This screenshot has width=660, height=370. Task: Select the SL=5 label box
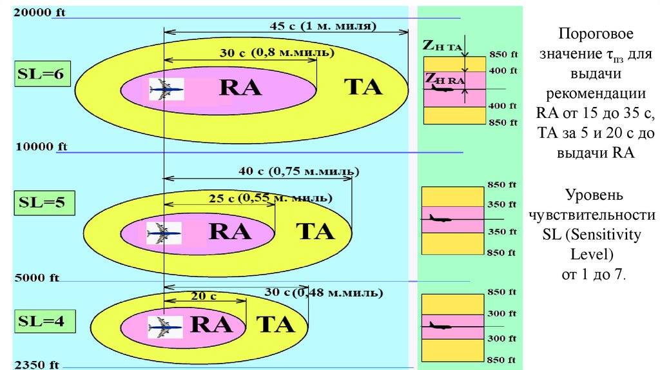[42, 202]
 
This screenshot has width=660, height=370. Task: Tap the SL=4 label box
[41, 320]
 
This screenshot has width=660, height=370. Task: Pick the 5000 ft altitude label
[36, 278]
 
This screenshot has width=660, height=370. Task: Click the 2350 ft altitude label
[36, 365]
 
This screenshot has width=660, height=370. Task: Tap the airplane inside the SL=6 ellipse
[166, 88]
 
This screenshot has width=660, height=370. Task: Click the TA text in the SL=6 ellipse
[363, 87]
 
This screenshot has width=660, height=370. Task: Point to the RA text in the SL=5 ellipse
[230, 231]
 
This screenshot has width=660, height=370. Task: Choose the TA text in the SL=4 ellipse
[276, 325]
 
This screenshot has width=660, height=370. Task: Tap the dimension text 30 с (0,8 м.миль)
[277, 53]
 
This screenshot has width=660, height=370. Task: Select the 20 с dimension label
[204, 296]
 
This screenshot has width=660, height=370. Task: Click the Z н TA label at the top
[442, 46]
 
